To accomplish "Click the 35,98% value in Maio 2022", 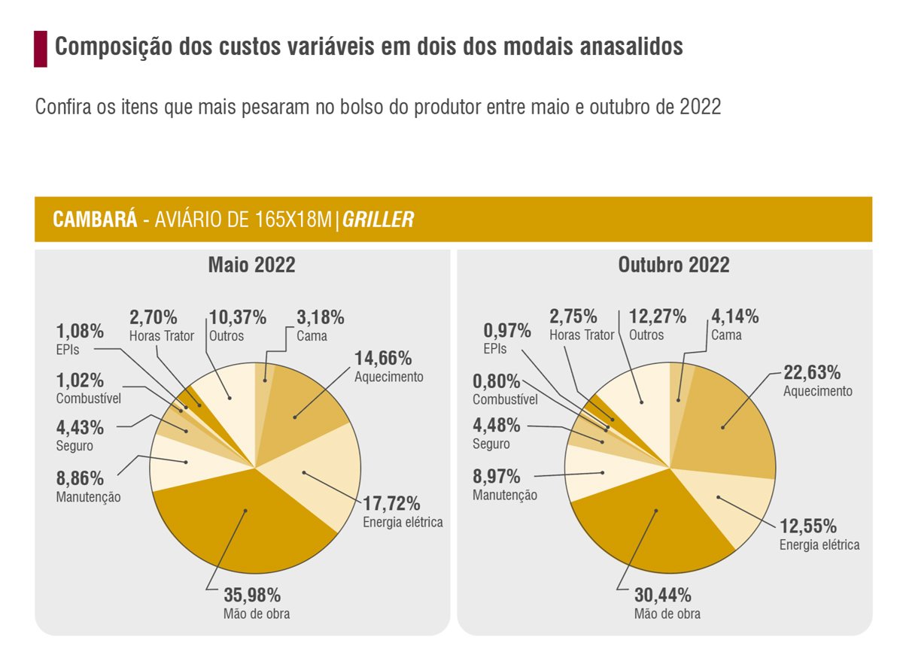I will tap(252, 595).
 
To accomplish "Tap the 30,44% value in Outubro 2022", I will tap(662, 596).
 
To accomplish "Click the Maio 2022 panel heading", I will tap(251, 265).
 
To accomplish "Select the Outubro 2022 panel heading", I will tap(673, 265).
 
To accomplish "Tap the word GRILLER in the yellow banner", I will tap(378, 220).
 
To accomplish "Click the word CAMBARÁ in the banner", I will tap(95, 220).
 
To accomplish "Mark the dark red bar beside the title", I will tap(41, 49).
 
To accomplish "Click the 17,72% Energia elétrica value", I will tap(391, 503).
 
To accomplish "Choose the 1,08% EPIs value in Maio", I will tap(80, 332).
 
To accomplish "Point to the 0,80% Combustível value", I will tap(495, 381).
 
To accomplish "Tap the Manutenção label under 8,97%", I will tap(505, 495).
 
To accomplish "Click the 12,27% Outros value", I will tap(657, 317).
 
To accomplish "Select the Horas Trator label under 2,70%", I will tap(162, 336).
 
